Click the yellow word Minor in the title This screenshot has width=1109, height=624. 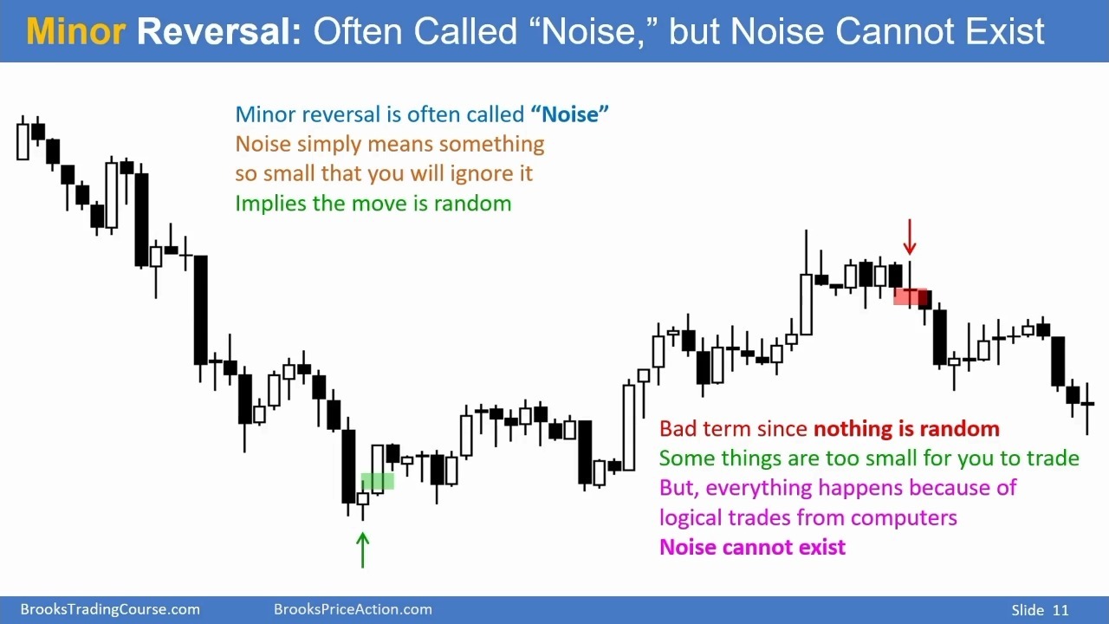click(x=75, y=31)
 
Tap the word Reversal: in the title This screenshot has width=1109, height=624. click(x=219, y=31)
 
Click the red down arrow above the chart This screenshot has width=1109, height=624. click(x=910, y=237)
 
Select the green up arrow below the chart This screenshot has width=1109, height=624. click(x=363, y=550)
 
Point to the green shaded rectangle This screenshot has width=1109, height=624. click(x=378, y=481)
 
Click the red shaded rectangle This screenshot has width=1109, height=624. click(x=910, y=296)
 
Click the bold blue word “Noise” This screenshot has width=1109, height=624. click(x=569, y=114)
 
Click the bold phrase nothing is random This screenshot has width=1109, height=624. click(x=906, y=429)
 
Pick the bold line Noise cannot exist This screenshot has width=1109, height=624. click(x=753, y=547)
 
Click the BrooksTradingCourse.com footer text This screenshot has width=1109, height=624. click(x=110, y=609)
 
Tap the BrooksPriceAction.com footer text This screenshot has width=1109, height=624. click(x=353, y=609)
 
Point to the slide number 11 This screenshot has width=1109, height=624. click(x=1061, y=609)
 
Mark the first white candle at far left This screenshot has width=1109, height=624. click(x=23, y=141)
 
